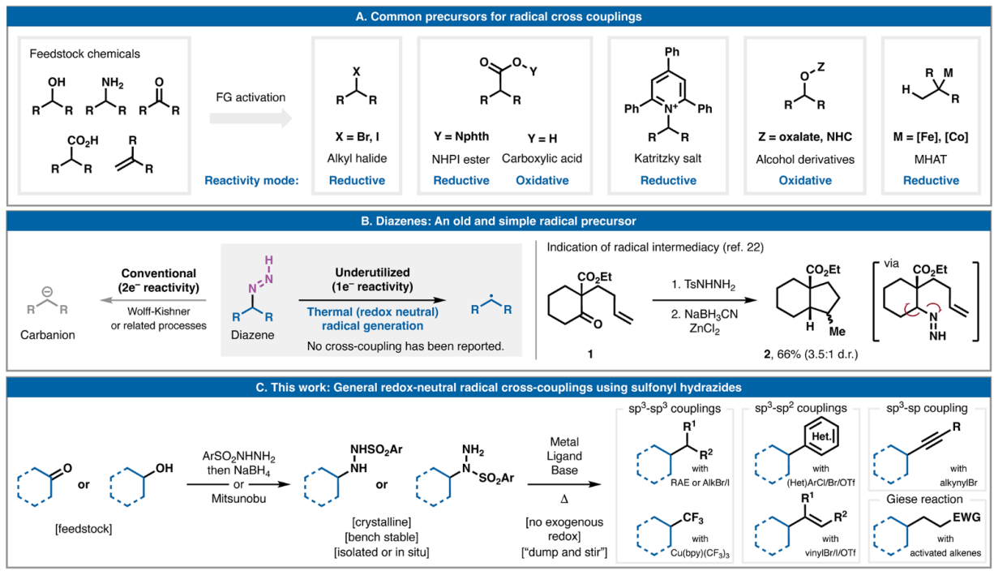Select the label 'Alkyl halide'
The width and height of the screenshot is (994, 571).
pos(357,158)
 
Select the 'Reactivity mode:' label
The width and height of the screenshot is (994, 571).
pos(251,180)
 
